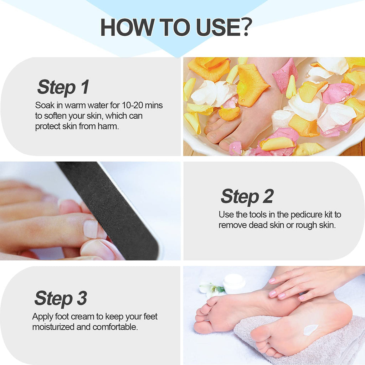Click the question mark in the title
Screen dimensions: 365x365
(x=244, y=27)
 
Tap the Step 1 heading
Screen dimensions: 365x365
(x=63, y=87)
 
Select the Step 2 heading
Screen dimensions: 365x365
(x=247, y=196)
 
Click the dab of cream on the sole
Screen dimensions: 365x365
(x=310, y=330)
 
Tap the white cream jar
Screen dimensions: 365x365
(x=234, y=283)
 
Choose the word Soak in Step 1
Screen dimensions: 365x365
(x=45, y=106)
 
